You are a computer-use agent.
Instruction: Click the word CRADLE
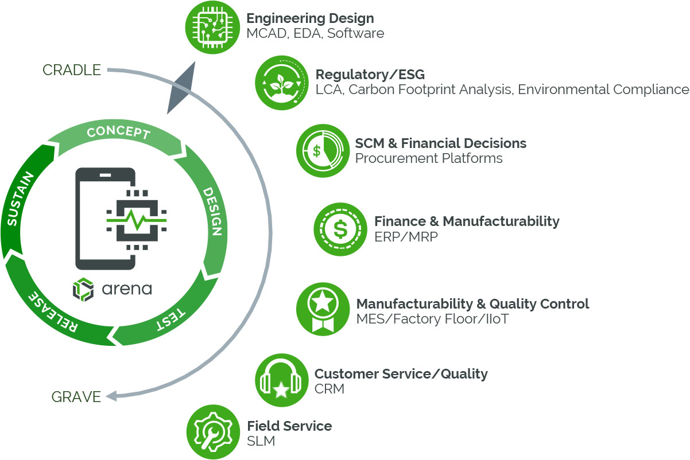click(72, 70)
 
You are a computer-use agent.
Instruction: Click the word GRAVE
click(76, 396)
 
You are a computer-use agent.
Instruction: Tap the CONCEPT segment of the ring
click(118, 133)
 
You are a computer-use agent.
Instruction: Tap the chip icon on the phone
click(136, 221)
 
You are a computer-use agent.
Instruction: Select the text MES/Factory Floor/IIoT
click(432, 319)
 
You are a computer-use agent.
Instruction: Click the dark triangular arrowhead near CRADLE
click(180, 86)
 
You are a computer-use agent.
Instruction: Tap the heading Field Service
click(289, 426)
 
